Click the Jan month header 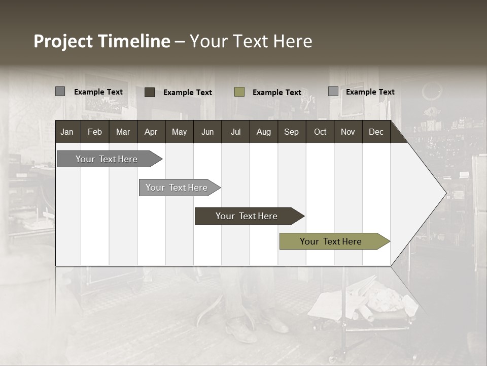67,132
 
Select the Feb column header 95,132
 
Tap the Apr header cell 151,132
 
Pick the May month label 179,132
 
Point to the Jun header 207,132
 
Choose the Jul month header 235,132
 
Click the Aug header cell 263,132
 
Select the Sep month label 291,132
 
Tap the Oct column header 320,132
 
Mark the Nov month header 348,132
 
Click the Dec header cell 376,132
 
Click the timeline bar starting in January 107,159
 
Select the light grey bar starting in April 177,188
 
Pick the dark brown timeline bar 247,216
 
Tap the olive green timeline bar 331,241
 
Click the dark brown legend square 150,92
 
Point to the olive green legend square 239,92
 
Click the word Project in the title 64,41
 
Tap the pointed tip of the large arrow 445,193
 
